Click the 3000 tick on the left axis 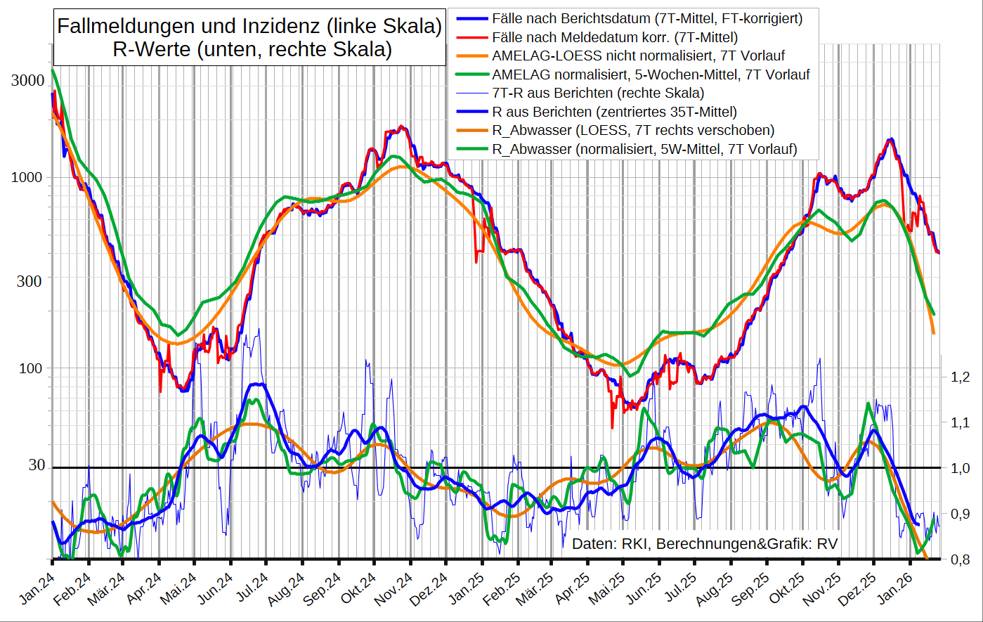(x=27, y=81)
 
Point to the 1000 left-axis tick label (x=27, y=178)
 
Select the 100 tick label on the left (x=31, y=369)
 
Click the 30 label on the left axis (x=37, y=465)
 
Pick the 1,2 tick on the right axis (x=960, y=377)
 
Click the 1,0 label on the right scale (x=960, y=469)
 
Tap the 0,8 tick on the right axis (x=960, y=560)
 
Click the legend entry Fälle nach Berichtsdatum (x=646, y=18)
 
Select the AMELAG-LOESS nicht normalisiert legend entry (x=638, y=56)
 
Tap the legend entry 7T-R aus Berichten (x=598, y=93)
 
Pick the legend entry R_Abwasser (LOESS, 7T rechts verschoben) (x=633, y=130)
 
